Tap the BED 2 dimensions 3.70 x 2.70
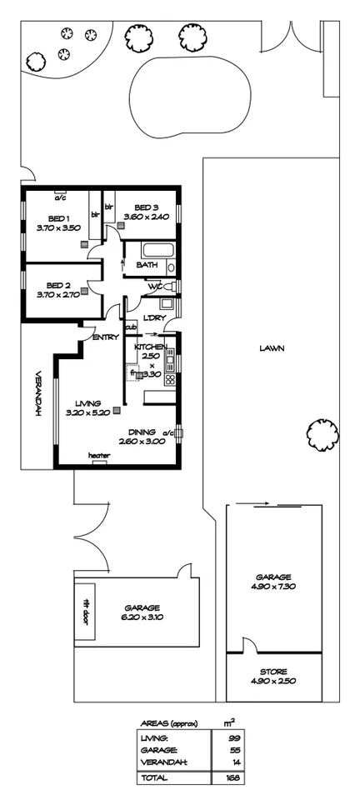click(x=57, y=294)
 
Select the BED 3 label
click(x=146, y=207)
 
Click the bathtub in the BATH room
click(x=155, y=250)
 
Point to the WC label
click(x=155, y=287)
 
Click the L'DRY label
click(x=152, y=317)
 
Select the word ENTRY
click(x=105, y=337)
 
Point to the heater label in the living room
click(x=100, y=455)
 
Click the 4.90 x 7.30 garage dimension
click(x=273, y=587)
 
